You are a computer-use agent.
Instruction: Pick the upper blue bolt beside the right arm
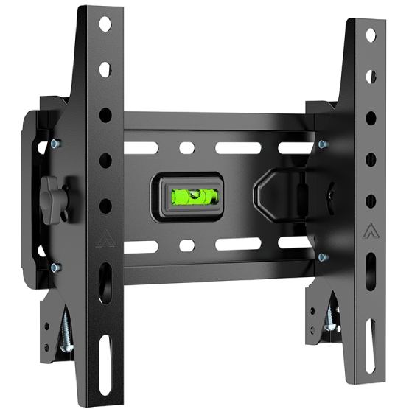click(x=322, y=144)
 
